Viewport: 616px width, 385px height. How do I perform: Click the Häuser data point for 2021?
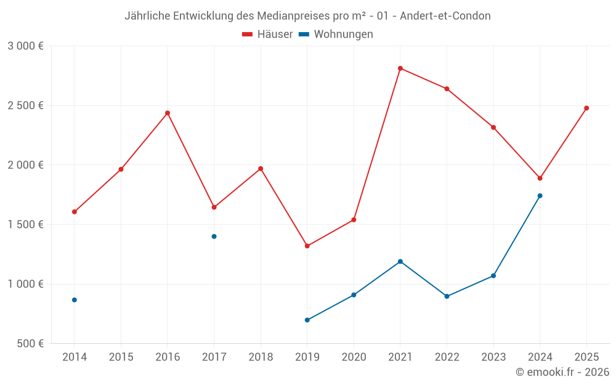coord(400,68)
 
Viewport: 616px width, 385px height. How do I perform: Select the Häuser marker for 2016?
coord(168,113)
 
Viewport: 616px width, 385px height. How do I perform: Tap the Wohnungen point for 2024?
coord(540,196)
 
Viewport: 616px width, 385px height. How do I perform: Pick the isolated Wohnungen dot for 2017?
coord(214,237)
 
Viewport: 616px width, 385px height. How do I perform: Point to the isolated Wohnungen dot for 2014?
coord(75,300)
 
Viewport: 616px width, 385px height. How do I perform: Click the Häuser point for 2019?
coord(307,246)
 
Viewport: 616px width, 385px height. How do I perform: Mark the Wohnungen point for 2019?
coord(307,320)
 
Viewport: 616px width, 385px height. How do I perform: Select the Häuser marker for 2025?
coord(586,108)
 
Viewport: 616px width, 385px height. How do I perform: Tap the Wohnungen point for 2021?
coord(400,261)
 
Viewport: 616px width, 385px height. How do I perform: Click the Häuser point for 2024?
coord(540,178)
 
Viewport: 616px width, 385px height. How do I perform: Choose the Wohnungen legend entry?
coord(336,34)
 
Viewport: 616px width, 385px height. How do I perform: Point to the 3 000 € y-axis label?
coord(25,46)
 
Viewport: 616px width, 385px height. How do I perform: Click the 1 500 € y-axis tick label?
coord(25,224)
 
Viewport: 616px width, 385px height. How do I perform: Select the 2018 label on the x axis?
coord(261,357)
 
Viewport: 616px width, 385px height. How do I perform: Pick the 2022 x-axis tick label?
coord(447,357)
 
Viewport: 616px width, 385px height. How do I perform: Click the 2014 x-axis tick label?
coord(75,357)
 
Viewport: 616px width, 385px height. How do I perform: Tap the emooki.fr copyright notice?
coord(562,372)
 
